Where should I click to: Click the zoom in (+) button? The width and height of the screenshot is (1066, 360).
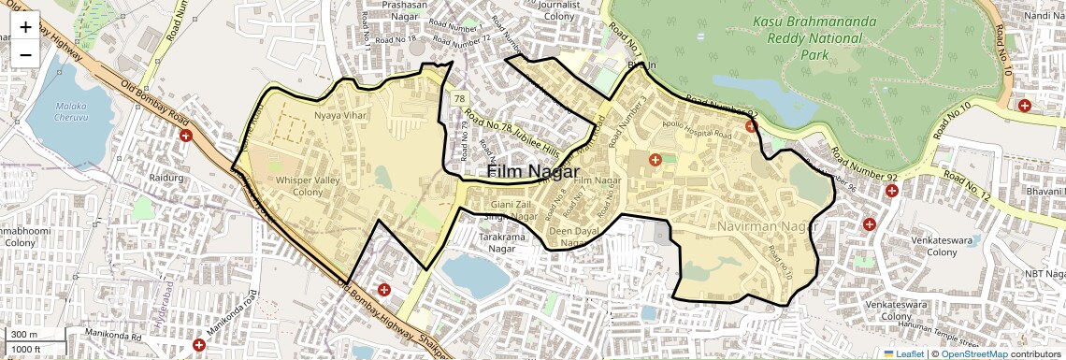pos(25,26)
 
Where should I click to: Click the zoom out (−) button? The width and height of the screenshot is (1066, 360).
pos(25,54)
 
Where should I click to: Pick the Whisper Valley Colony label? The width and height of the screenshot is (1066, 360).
pos(299,185)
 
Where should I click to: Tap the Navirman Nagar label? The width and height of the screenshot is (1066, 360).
pos(770,227)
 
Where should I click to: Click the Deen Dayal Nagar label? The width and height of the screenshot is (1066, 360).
pos(572,237)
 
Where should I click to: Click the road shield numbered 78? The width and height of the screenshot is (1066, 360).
pos(459,98)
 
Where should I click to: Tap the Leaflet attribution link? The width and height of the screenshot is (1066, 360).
pos(903,353)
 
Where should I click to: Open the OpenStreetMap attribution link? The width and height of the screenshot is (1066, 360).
pos(973,353)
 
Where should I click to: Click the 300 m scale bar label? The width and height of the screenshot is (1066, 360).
pos(24,335)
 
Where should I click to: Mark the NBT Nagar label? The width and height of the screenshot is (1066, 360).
pos(1043,273)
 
